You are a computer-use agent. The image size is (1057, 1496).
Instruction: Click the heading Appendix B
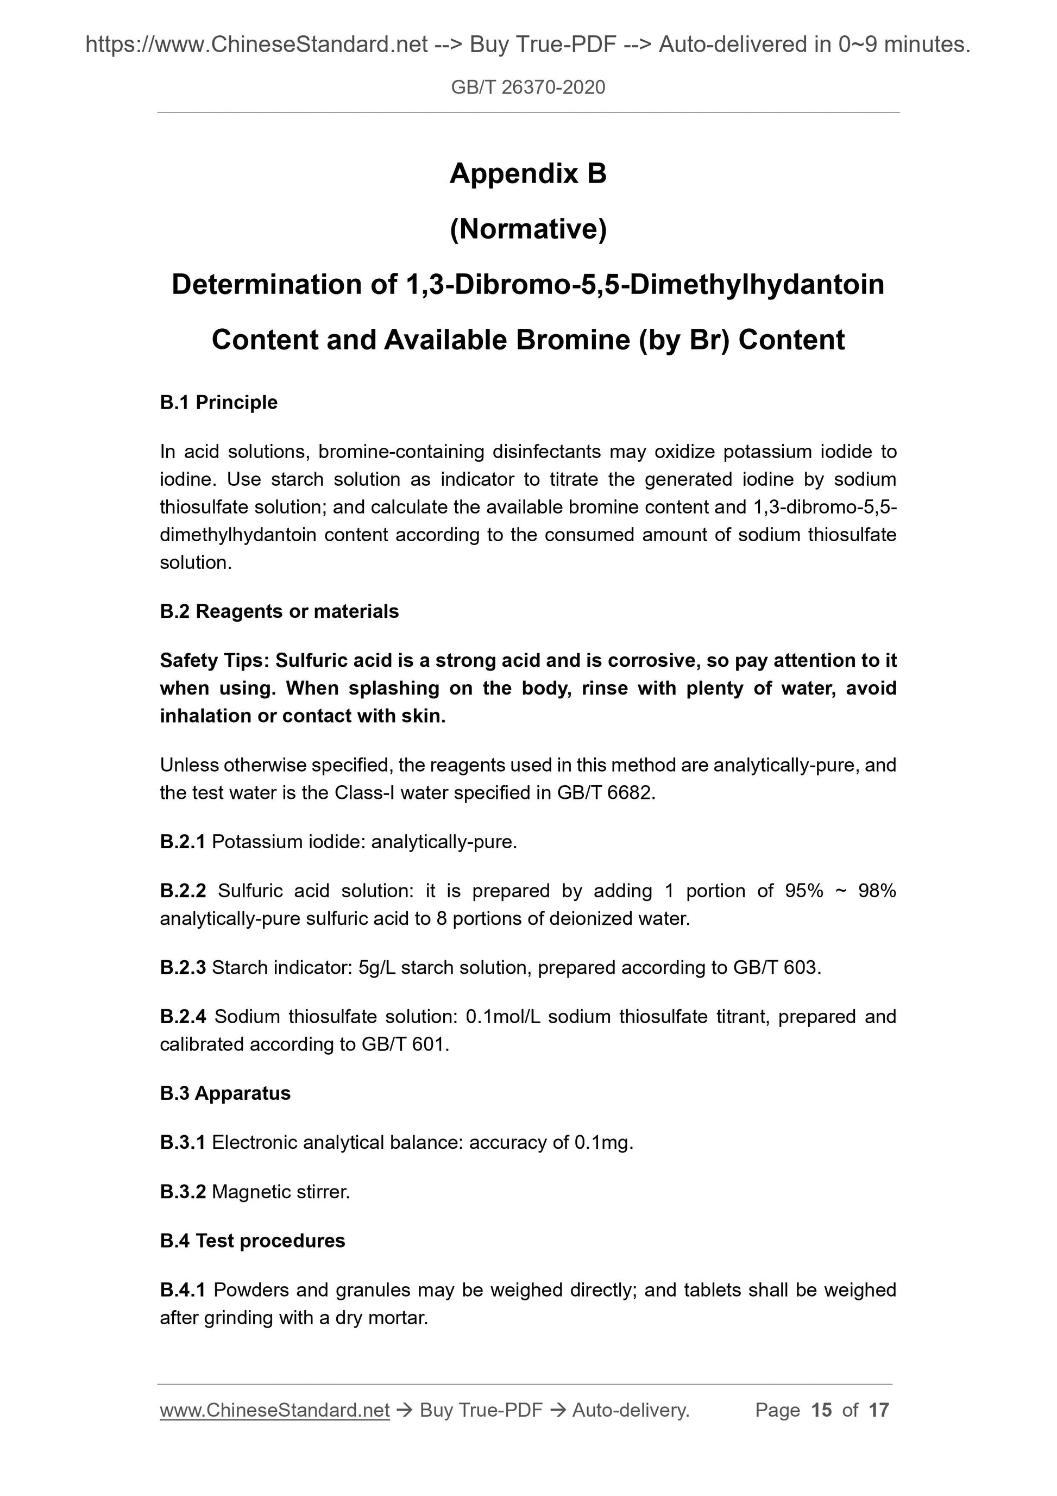pyautogui.click(x=527, y=173)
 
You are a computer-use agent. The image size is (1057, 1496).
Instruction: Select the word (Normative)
pyautogui.click(x=527, y=229)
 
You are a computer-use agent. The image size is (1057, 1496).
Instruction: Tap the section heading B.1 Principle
pyautogui.click(x=218, y=402)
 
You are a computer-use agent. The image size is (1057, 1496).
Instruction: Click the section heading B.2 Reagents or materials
pyautogui.click(x=279, y=611)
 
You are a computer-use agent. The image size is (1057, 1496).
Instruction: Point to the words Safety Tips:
pyautogui.click(x=214, y=660)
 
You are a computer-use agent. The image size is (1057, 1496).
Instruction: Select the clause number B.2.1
pyautogui.click(x=183, y=842)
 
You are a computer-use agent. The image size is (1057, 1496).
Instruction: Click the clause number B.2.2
pyautogui.click(x=183, y=890)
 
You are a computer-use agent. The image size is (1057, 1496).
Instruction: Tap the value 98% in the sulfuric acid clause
pyautogui.click(x=877, y=890)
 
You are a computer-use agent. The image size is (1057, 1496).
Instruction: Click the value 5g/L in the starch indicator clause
pyautogui.click(x=376, y=968)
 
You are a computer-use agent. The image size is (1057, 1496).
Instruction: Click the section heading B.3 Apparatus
pyautogui.click(x=225, y=1093)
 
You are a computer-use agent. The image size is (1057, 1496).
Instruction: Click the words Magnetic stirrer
pyautogui.click(x=281, y=1192)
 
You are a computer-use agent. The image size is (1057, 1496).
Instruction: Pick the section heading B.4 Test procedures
pyautogui.click(x=252, y=1241)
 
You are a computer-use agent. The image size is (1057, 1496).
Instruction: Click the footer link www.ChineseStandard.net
pyautogui.click(x=274, y=1410)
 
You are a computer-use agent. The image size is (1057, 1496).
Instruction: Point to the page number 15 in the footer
pyautogui.click(x=821, y=1410)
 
